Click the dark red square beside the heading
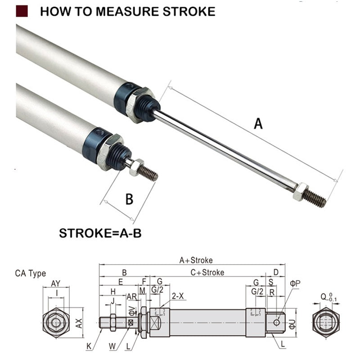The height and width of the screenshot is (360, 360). (22, 11)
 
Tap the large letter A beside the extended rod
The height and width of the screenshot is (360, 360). (258, 123)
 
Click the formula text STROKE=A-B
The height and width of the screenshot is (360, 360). (100, 234)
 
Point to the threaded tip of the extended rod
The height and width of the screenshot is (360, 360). (315, 198)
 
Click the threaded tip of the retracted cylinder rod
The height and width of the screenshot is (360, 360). (148, 173)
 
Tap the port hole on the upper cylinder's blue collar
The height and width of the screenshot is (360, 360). (129, 86)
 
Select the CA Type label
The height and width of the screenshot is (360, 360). (31, 273)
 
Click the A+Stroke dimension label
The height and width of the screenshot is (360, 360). (196, 260)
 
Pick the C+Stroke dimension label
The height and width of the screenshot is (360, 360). (207, 272)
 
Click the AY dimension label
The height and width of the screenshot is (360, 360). (56, 283)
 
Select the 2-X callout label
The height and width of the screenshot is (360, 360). (178, 296)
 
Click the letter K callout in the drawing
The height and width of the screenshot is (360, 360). (89, 346)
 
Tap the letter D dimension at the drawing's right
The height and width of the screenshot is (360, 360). (276, 272)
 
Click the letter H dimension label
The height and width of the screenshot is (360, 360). (113, 292)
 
